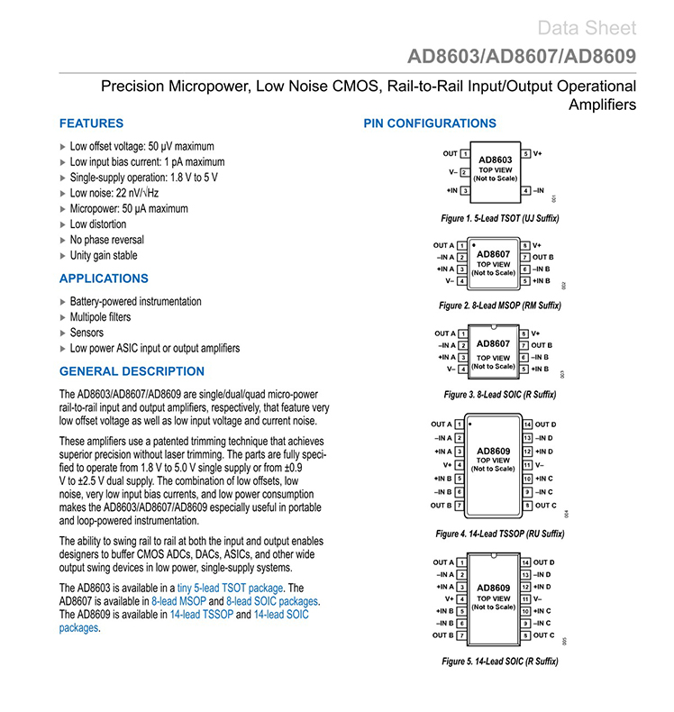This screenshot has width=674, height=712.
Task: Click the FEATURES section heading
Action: (x=91, y=123)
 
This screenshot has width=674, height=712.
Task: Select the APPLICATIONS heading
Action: (x=104, y=278)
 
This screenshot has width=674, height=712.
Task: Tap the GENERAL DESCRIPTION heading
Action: (x=132, y=371)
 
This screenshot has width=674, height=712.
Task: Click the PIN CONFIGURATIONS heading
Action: (x=430, y=123)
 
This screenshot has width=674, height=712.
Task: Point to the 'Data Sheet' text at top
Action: (x=587, y=28)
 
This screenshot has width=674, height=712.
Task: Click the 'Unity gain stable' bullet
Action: (x=104, y=255)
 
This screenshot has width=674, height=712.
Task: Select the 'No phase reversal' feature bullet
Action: (x=106, y=240)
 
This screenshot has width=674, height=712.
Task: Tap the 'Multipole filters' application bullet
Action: (x=100, y=317)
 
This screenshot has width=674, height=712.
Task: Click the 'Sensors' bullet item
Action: (x=87, y=333)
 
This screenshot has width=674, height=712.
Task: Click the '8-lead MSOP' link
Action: (x=178, y=601)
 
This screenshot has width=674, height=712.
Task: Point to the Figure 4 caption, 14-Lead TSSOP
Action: (x=500, y=534)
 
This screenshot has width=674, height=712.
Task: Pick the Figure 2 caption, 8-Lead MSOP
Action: (x=500, y=306)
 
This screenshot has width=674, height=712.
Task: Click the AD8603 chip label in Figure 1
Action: (x=495, y=160)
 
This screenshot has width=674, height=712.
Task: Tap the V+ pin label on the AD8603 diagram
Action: (x=537, y=154)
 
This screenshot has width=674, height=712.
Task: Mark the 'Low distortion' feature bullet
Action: (x=98, y=224)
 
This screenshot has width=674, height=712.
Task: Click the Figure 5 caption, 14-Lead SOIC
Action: (x=500, y=662)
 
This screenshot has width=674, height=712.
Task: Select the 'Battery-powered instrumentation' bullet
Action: (x=135, y=302)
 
